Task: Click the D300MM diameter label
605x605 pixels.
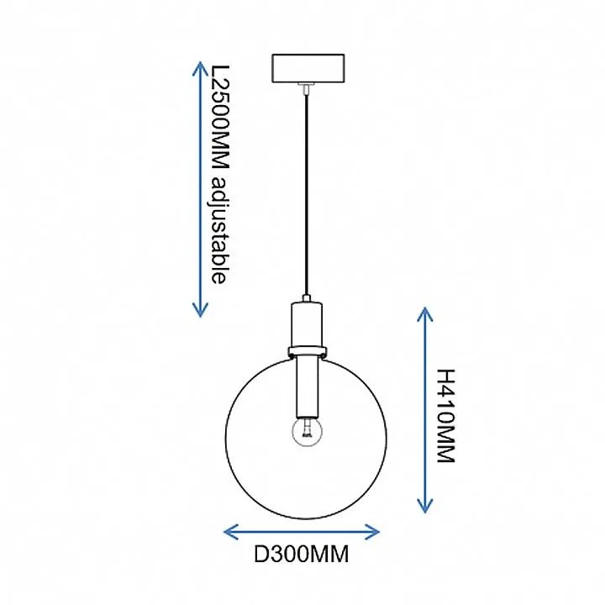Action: [302, 554]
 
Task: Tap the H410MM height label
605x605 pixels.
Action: [446, 416]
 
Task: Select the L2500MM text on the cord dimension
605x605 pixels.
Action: [221, 118]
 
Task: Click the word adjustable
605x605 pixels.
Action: [220, 230]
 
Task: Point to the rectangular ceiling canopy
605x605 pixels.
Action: [308, 68]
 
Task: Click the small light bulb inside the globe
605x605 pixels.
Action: [308, 432]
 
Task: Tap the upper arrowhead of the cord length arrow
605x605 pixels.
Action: [200, 69]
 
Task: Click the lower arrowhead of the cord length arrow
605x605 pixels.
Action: [200, 310]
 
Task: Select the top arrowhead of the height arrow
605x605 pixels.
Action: [425, 314]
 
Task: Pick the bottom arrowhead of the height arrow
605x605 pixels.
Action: [425, 506]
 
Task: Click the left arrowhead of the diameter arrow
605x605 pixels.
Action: [231, 532]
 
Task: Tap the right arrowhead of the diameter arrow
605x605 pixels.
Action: [372, 532]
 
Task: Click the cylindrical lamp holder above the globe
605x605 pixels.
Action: [307, 324]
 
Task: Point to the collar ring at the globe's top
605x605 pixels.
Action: [308, 351]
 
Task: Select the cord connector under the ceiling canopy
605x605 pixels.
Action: [307, 88]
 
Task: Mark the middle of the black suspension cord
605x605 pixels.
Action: [307, 195]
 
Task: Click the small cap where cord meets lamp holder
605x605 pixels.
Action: [307, 298]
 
